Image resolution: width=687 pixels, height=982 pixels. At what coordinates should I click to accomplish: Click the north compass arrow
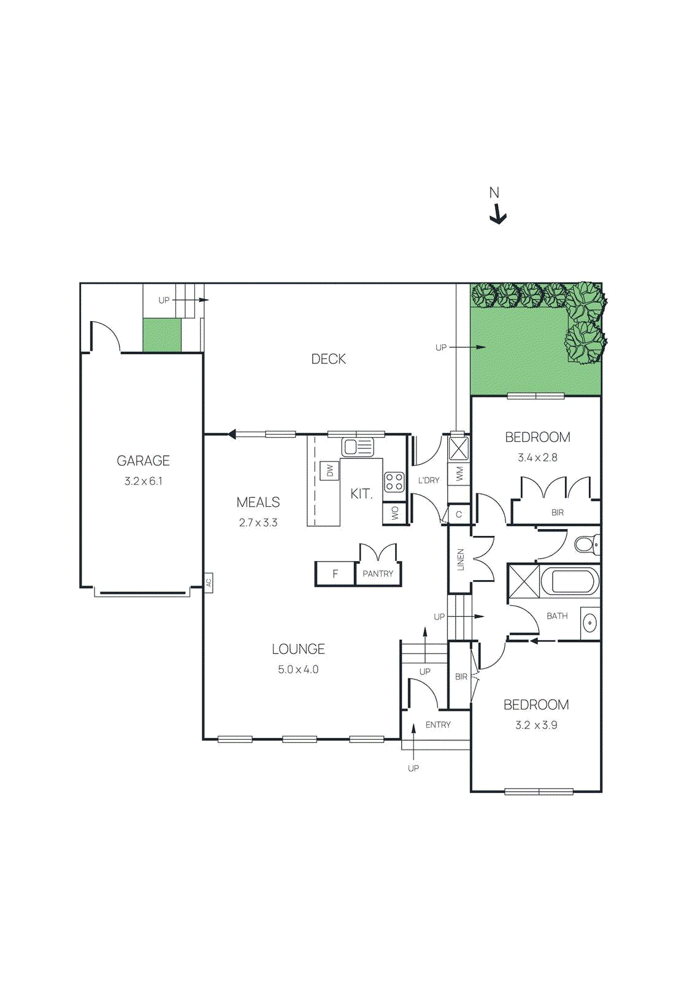[x=499, y=215]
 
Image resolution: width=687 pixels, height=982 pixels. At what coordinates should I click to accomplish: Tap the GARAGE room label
[x=143, y=460]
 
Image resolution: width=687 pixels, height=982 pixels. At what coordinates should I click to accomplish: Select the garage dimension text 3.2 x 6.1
[x=143, y=481]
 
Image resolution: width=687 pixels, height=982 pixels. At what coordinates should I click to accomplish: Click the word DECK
[x=328, y=359]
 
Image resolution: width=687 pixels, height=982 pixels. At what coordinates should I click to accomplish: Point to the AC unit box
[x=209, y=582]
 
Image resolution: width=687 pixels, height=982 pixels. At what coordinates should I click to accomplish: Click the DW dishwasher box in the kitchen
[x=330, y=471]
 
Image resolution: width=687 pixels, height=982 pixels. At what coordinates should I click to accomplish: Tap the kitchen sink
[x=357, y=447]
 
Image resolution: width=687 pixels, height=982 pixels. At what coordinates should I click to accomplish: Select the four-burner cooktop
[x=394, y=482]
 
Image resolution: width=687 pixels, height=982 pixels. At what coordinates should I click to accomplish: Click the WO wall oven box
[x=394, y=513]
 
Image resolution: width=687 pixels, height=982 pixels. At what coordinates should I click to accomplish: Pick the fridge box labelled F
[x=335, y=574]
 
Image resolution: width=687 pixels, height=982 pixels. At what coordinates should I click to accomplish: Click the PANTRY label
[x=378, y=574]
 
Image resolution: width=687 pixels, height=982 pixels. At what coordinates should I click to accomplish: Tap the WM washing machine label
[x=459, y=474]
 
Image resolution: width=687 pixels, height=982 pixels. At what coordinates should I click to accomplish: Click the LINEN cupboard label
[x=460, y=559]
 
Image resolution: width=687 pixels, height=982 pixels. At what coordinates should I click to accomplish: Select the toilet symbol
[x=586, y=544]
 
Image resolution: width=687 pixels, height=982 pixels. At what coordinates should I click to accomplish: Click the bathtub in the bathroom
[x=570, y=581]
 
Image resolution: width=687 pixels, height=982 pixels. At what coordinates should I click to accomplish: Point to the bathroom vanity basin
[x=589, y=624]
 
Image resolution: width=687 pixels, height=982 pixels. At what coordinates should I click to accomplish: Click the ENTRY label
[x=438, y=725]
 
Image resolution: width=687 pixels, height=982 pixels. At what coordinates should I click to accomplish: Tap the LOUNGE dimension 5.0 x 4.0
[x=298, y=670]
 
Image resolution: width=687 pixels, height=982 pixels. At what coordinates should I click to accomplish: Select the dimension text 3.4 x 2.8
[x=537, y=457]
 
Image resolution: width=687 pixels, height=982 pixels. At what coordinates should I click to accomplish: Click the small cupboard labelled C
[x=459, y=514]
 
